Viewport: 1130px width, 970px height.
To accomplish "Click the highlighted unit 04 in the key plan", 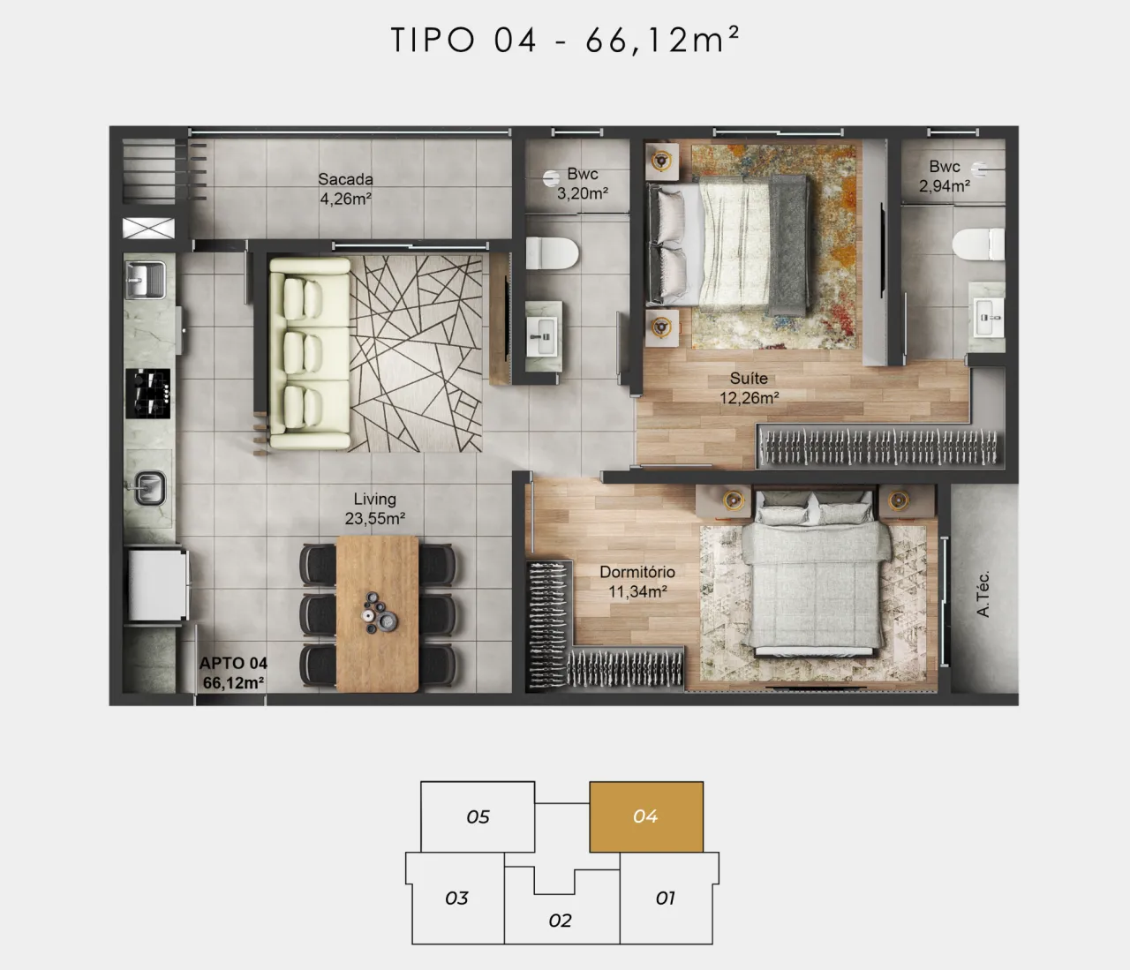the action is (646, 816).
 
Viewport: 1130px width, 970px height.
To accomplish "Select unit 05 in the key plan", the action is (478, 816).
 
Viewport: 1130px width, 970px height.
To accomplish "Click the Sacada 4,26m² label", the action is (345, 189).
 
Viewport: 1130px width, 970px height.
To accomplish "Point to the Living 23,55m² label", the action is (375, 508).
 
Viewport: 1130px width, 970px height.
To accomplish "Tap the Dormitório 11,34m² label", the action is (637, 582).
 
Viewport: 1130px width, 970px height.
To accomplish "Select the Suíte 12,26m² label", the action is (749, 388).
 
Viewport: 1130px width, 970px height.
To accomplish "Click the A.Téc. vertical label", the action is (983, 594).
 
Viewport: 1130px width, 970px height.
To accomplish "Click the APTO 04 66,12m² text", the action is (233, 673).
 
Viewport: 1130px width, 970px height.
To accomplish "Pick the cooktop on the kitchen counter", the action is (147, 394).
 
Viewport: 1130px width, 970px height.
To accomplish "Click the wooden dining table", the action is (377, 613).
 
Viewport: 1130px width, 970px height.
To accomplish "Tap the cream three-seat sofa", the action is (310, 354).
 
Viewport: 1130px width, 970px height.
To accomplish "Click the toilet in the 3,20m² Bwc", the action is (552, 253).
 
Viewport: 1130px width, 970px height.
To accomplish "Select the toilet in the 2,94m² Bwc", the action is (978, 244).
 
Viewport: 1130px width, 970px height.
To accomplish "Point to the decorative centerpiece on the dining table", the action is (379, 613).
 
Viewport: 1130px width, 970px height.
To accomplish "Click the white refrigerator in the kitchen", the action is (158, 584).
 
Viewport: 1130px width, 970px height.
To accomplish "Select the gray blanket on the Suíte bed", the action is (787, 245).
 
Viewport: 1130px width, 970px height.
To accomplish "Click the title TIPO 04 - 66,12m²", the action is (565, 40).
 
